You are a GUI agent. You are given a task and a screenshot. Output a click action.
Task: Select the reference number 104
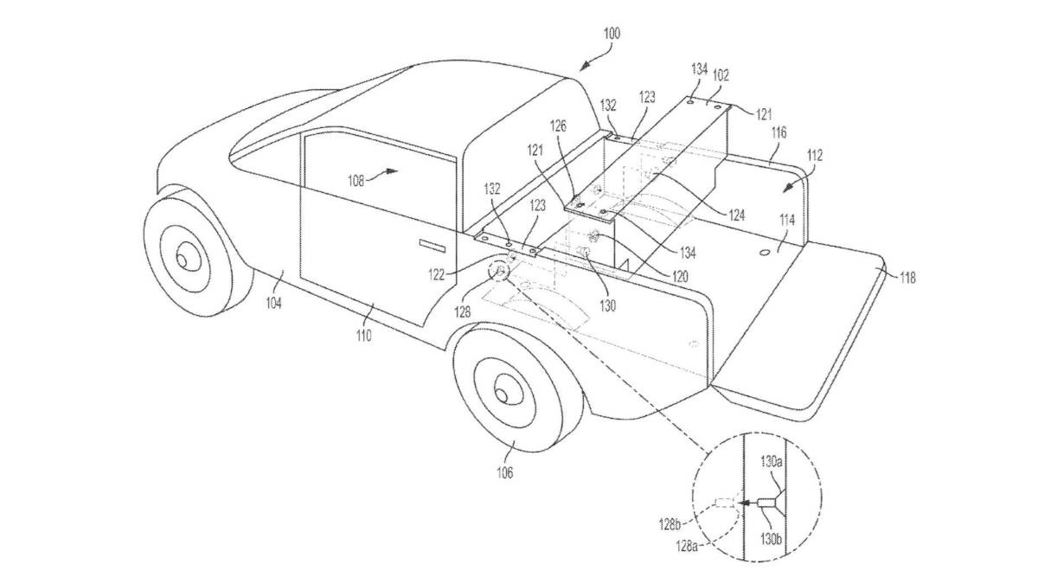click(273, 302)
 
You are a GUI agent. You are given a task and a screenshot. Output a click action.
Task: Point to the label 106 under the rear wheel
click(504, 472)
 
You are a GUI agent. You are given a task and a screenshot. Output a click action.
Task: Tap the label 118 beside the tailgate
click(907, 278)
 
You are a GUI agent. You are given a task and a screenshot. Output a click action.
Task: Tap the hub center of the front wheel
click(186, 257)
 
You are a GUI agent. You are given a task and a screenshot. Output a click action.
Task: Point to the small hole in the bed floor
click(764, 251)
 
